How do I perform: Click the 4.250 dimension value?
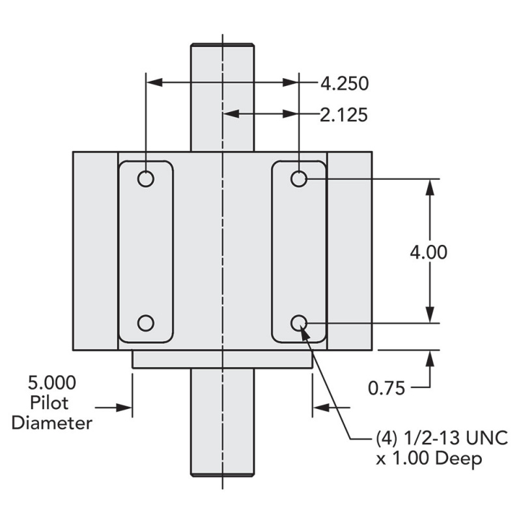(x=344, y=83)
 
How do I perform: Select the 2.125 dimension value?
(x=344, y=115)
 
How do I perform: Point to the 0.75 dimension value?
(x=387, y=388)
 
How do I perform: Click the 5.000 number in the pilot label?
(x=51, y=382)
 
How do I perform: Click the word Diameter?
(x=51, y=423)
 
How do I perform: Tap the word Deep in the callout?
(x=458, y=458)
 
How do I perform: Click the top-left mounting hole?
(x=146, y=178)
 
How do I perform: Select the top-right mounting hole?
(x=299, y=178)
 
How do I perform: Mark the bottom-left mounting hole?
(x=146, y=322)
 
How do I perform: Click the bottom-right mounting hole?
(x=299, y=322)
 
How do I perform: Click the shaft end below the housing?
(x=222, y=423)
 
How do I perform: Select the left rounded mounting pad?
(x=146, y=251)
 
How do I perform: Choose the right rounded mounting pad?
(x=299, y=251)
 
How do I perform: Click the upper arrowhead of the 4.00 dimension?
(x=430, y=185)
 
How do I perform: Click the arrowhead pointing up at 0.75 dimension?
(x=430, y=356)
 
